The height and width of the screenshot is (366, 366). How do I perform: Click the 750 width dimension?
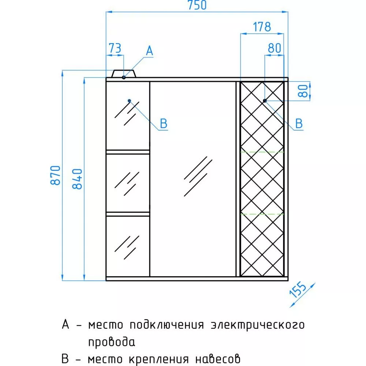pyautogui.click(x=197, y=5)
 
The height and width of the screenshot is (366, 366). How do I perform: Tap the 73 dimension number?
pyautogui.click(x=115, y=48)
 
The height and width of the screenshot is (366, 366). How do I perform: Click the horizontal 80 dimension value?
pyautogui.click(x=274, y=48)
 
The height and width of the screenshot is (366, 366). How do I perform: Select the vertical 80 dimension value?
pyautogui.click(x=303, y=90)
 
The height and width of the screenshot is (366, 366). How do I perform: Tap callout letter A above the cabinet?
pyautogui.click(x=149, y=51)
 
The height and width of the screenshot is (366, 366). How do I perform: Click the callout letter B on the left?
pyautogui.click(x=164, y=124)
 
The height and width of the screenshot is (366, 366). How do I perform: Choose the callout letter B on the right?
pyautogui.click(x=299, y=124)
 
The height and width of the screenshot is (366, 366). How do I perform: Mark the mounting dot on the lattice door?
pyautogui.click(x=265, y=101)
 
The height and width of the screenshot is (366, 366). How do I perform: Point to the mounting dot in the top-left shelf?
pyautogui.click(x=129, y=101)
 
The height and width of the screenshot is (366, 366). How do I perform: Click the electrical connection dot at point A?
pyautogui.click(x=124, y=77)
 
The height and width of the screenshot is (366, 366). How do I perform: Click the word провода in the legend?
pyautogui.click(x=112, y=343)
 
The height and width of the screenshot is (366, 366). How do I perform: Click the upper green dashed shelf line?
pyautogui.click(x=262, y=152)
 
